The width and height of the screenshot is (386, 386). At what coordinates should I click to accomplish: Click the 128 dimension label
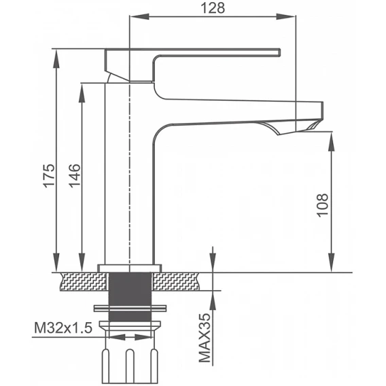point(213,8)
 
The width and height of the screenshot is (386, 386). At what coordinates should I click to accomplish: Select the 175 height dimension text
point(48,175)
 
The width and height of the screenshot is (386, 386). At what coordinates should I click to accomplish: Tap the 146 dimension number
point(74,175)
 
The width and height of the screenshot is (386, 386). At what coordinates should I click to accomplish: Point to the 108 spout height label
point(323,205)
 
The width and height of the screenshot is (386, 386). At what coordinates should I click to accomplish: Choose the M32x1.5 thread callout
point(63,328)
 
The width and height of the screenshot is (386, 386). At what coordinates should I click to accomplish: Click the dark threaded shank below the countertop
point(130,296)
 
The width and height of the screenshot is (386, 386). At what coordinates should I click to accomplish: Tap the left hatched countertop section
point(84,281)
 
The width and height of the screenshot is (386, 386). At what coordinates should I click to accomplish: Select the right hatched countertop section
point(176,281)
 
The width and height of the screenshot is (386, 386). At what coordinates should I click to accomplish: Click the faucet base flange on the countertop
point(130,268)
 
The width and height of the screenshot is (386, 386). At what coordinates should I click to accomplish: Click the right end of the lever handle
point(280,52)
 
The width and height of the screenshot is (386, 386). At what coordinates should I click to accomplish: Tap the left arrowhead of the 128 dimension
point(139,16)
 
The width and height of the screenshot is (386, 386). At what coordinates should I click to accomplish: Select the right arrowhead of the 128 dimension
point(285,16)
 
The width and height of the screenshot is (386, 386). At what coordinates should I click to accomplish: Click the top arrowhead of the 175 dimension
point(56,58)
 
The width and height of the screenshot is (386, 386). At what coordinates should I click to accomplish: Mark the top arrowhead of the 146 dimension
point(82,92)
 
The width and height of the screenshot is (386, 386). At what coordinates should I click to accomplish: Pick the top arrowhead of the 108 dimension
point(332,141)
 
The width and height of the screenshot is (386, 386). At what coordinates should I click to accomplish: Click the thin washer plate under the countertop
point(130,309)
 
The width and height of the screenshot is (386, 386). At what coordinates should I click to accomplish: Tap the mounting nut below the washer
point(130,326)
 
